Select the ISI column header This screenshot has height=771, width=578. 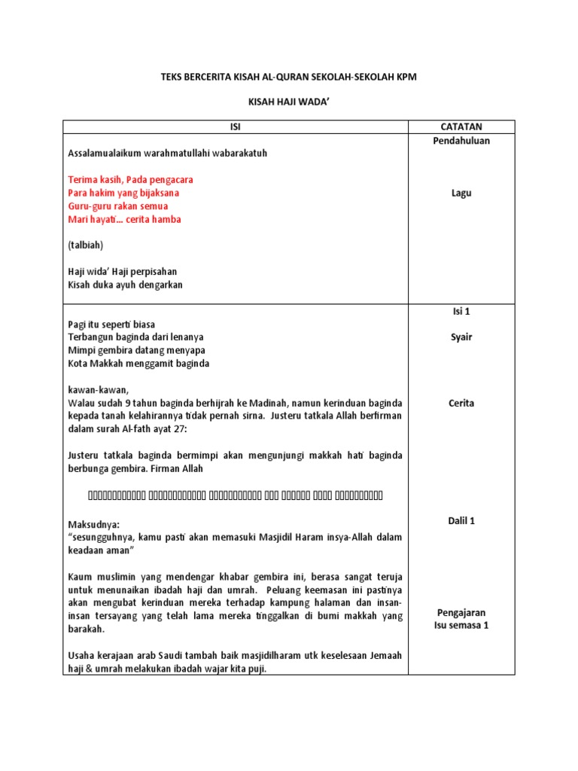click(x=235, y=127)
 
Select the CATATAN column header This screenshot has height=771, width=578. click(x=461, y=127)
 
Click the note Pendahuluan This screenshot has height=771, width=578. click(x=461, y=141)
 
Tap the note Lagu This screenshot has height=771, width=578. click(x=461, y=194)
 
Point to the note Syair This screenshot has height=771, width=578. click(x=461, y=337)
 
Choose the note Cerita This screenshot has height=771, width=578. click(x=461, y=404)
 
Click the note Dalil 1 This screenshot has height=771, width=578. click(x=461, y=521)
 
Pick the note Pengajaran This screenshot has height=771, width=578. click(x=461, y=613)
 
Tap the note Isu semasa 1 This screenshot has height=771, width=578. click(x=461, y=626)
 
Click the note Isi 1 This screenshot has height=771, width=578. click(x=461, y=311)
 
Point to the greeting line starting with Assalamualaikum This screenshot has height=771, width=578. click(x=168, y=154)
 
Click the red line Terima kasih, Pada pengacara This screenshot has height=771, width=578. click(x=130, y=180)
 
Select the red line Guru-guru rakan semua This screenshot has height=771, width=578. click(x=118, y=206)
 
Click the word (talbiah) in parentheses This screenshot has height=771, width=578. click(x=86, y=245)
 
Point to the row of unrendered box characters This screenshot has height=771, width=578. click(x=235, y=495)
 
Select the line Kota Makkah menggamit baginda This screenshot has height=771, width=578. click(x=138, y=364)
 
